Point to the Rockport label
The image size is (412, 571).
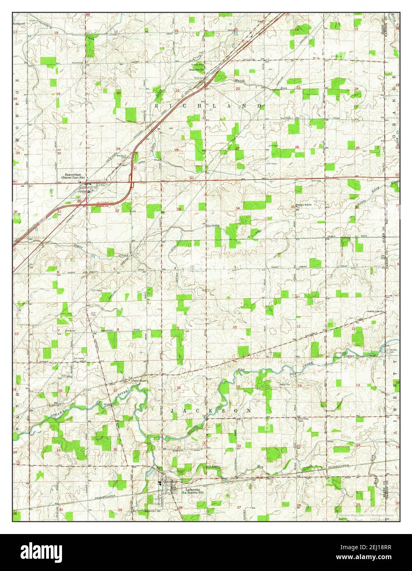[x=19, y=24]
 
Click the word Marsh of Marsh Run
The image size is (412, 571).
[x=239, y=81]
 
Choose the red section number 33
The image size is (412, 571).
[x=178, y=209]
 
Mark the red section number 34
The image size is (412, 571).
[x=237, y=208]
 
